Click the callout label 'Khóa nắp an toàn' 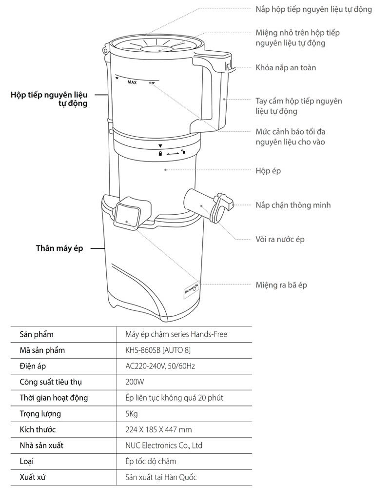[286, 67]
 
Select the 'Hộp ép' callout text [268, 171]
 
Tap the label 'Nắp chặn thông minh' [293, 205]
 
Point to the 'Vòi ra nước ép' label [280, 240]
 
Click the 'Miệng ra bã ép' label [281, 285]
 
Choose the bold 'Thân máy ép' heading [59, 248]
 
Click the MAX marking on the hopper [132, 83]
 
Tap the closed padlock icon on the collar [160, 153]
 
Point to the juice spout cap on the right [222, 204]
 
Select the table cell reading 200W [132, 382]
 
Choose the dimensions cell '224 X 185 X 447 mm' [158, 429]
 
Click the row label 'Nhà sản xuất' [41, 446]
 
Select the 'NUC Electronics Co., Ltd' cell [164, 446]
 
